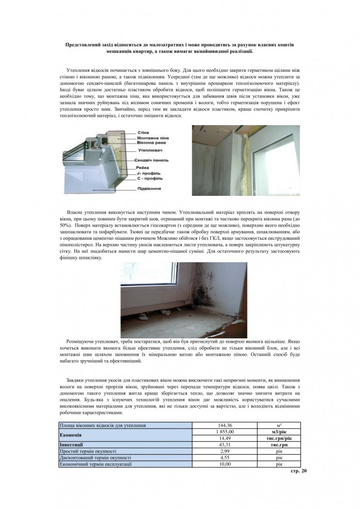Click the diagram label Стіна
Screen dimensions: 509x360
click(144, 132)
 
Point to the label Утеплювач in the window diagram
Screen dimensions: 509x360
click(147, 151)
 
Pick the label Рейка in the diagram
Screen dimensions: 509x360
click(142, 168)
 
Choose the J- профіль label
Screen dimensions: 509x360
click(148, 173)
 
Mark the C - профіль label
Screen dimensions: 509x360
click(149, 178)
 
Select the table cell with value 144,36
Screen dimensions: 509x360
click(224, 425)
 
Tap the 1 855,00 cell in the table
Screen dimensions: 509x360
click(224, 431)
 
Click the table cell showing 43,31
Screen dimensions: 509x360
click(224, 444)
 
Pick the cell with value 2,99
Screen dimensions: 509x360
click(224, 451)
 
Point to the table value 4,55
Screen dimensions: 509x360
click(224, 457)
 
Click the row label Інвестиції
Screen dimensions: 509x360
click(71, 444)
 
